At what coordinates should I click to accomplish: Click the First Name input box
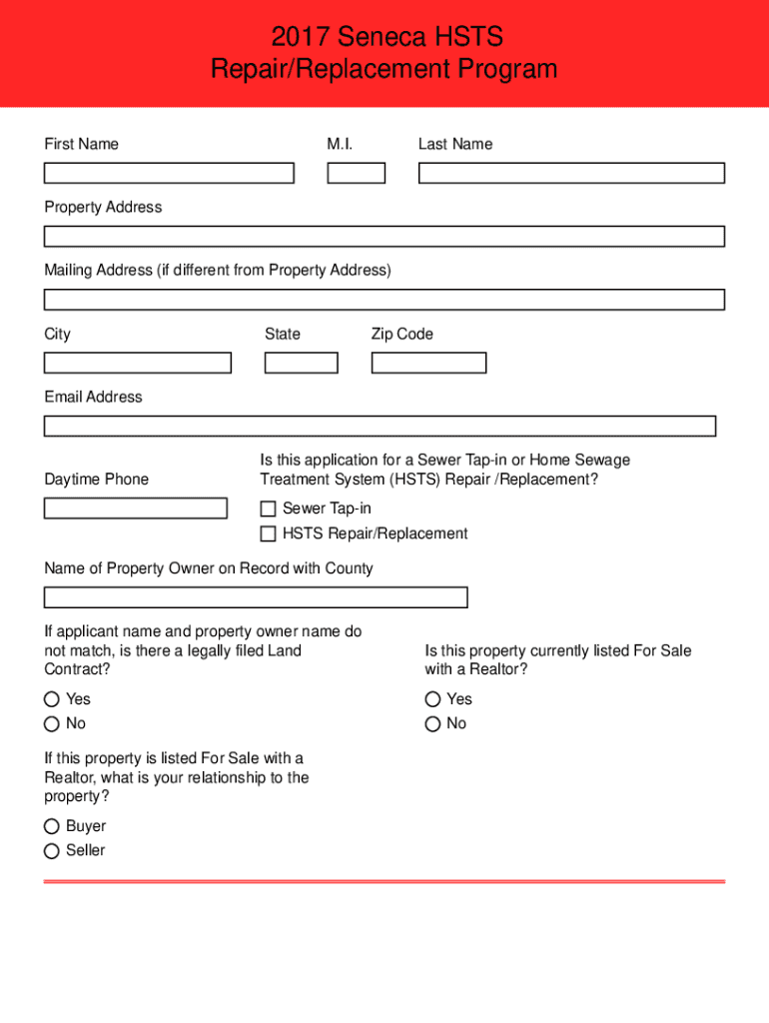coord(169,173)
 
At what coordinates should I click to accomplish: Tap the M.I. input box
coord(356,173)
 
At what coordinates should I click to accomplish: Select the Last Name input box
coord(570,173)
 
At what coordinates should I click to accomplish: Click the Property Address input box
coord(384,237)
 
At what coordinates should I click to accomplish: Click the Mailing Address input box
coord(384,300)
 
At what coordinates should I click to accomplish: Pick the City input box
coord(137,363)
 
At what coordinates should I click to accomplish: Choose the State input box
coord(301,363)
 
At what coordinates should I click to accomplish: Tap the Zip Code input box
coord(428,363)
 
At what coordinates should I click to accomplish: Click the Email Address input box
coord(380,427)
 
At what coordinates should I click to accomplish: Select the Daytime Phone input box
coord(135,509)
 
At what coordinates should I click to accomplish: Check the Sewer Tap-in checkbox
coord(268,510)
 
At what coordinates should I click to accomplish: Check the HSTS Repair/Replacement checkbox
coord(268,534)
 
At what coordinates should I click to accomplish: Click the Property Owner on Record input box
coord(256,597)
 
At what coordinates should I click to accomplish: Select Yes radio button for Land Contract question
coord(51,699)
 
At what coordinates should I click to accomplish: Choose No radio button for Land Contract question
coord(51,723)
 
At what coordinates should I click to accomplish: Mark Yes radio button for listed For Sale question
coord(432,699)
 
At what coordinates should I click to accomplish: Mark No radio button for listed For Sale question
coord(432,723)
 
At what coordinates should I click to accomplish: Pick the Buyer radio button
coord(51,826)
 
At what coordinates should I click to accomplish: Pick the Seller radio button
coord(51,851)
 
